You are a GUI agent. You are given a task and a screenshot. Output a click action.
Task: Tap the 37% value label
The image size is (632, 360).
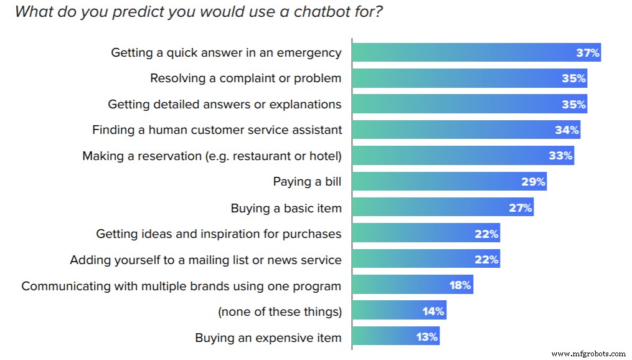point(587,53)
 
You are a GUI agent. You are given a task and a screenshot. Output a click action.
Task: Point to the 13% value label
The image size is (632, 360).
point(427,338)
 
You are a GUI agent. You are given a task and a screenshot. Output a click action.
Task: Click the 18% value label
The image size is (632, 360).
point(460,286)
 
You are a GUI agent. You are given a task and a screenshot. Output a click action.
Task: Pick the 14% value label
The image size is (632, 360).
point(434,311)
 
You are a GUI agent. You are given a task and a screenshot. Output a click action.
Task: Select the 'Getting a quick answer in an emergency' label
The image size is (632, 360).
point(226,53)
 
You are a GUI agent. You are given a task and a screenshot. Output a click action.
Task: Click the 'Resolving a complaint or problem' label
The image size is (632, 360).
point(245,78)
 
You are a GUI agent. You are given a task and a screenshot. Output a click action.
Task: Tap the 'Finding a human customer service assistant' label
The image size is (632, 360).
point(217,130)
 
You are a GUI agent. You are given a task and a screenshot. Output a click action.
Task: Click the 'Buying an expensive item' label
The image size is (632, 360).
point(268,338)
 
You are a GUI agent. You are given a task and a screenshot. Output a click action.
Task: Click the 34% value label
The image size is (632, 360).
point(567,130)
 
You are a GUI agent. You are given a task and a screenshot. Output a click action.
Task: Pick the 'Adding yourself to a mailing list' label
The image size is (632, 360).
point(205,260)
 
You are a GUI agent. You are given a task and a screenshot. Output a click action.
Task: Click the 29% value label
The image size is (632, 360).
point(533,182)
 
